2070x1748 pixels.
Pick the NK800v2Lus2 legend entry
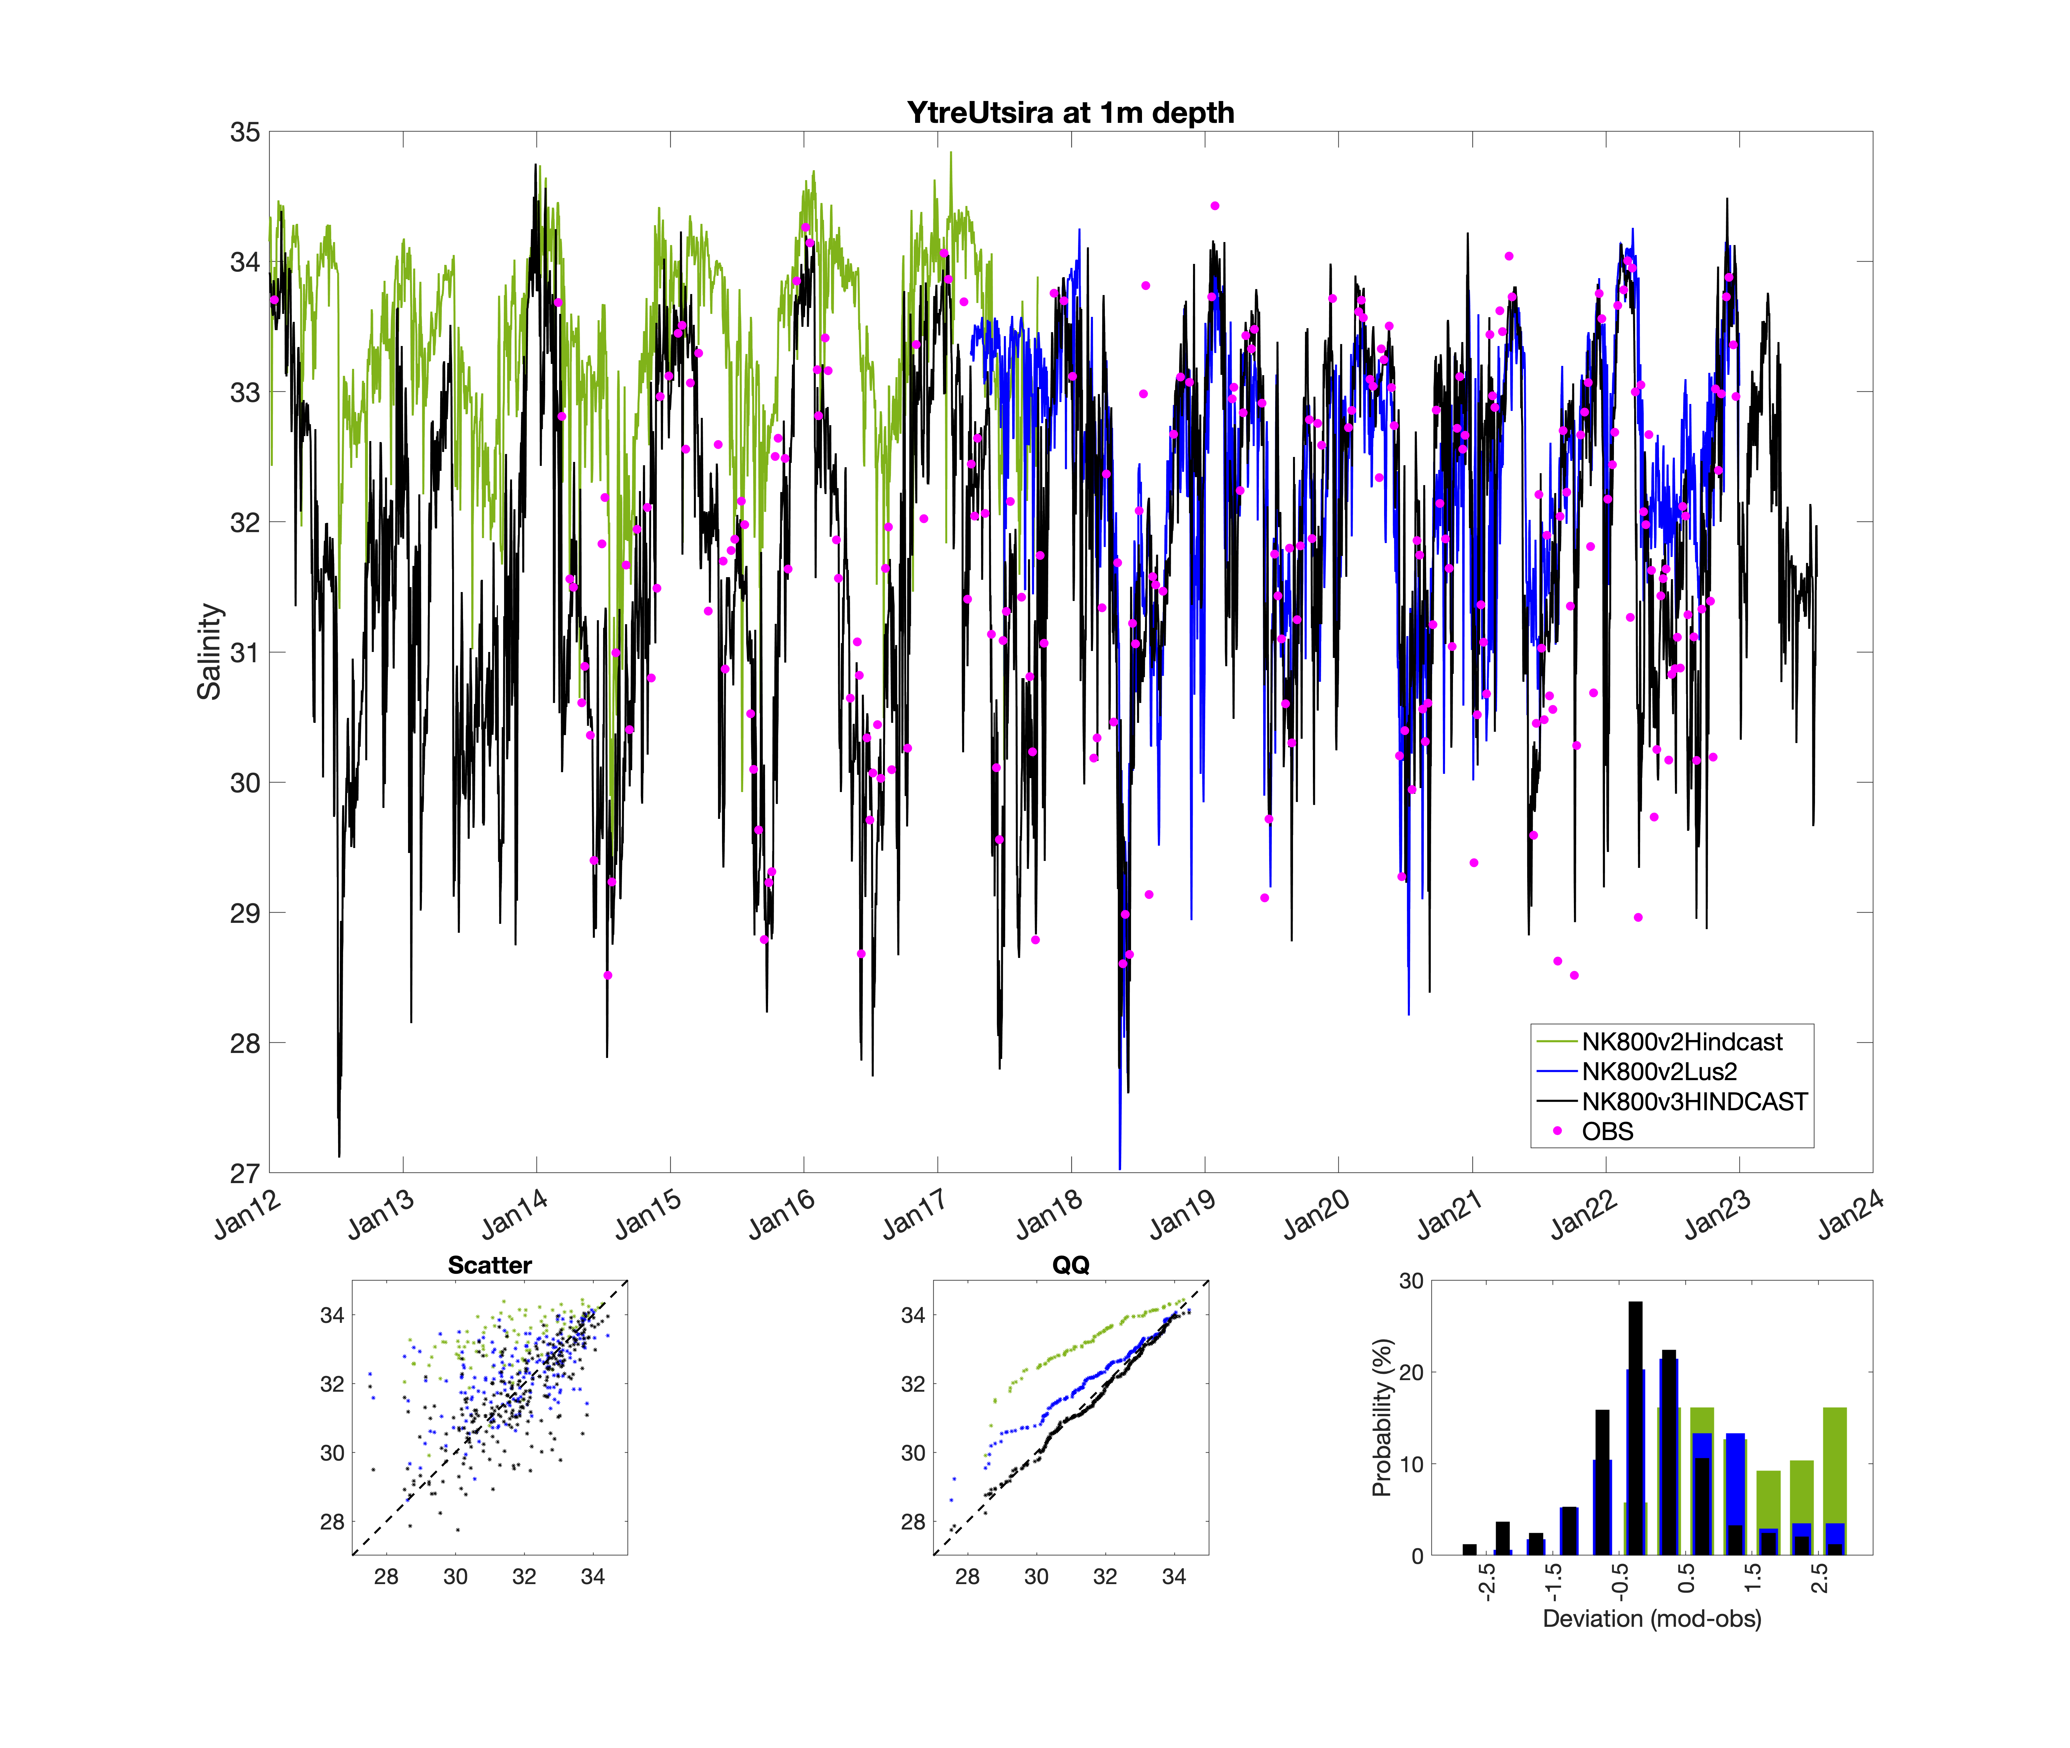(1659, 1071)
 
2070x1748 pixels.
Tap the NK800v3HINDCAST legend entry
(1693, 1101)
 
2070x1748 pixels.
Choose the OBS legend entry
(1606, 1131)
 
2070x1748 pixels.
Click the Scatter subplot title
(490, 1265)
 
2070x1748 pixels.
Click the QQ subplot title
(1070, 1265)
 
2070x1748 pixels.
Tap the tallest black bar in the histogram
(1635, 1427)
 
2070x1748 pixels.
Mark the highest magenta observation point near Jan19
(1215, 206)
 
